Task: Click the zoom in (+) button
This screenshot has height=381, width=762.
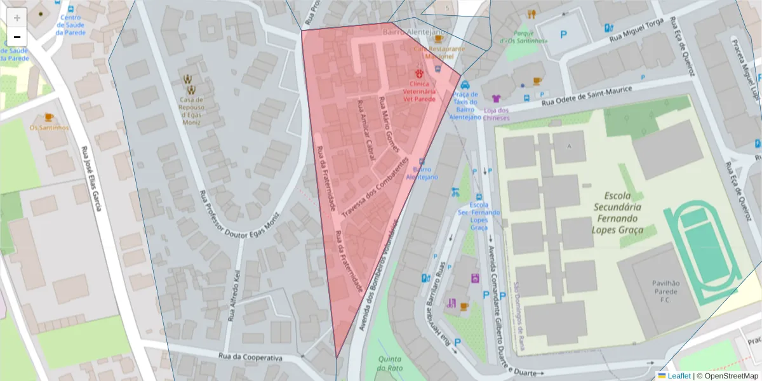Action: tap(17, 18)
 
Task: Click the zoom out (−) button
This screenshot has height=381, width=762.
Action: tap(17, 37)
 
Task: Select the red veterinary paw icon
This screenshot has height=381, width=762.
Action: tap(420, 74)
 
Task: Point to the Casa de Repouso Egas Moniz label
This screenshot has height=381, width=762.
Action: tap(190, 110)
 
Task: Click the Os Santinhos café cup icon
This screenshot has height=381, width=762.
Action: tap(49, 117)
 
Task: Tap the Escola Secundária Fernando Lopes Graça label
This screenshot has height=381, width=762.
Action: tap(618, 212)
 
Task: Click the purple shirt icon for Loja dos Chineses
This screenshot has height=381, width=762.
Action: tap(496, 98)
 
